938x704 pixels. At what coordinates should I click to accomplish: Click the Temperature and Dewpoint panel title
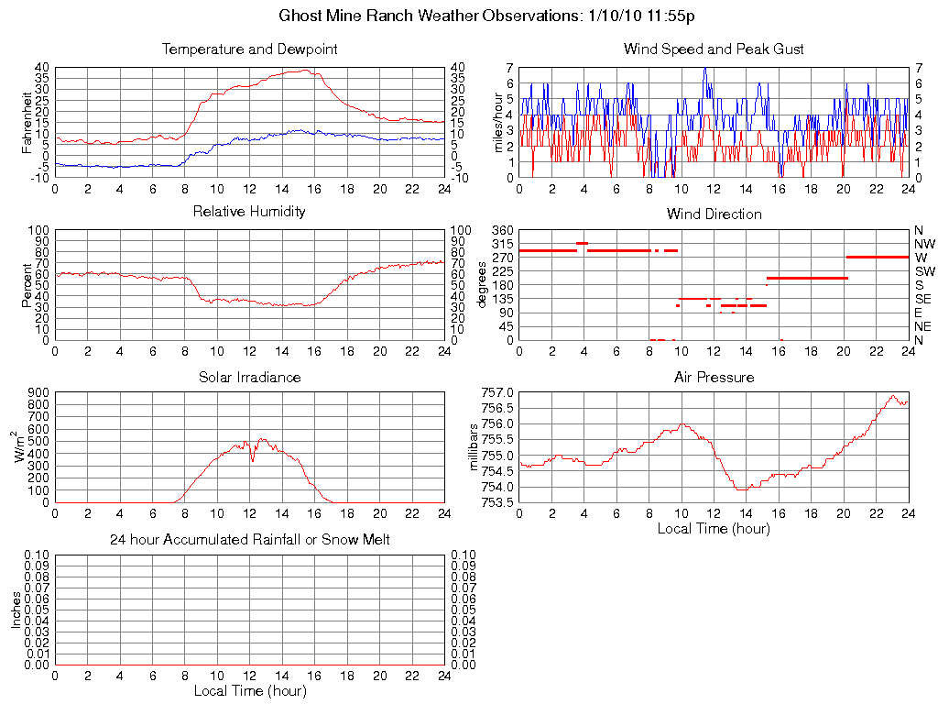(249, 49)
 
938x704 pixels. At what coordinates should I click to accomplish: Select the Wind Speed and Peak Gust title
(714, 49)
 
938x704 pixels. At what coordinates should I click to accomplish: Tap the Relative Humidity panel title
(249, 212)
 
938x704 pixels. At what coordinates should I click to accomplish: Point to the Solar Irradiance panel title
(249, 377)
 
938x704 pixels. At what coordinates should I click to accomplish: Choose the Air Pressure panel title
(714, 377)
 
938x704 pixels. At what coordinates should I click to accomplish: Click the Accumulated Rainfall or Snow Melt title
(249, 540)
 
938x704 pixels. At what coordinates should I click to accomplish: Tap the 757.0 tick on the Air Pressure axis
(496, 392)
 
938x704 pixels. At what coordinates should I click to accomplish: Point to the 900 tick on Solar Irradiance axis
(38, 392)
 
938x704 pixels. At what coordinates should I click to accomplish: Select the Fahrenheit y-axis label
(27, 121)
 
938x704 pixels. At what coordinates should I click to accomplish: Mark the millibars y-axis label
(474, 447)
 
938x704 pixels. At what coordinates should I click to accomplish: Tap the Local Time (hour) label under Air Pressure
(714, 529)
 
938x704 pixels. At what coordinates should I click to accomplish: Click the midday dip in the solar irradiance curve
(253, 458)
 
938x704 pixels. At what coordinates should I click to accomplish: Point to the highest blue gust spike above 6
(704, 70)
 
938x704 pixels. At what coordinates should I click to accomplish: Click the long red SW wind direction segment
(806, 277)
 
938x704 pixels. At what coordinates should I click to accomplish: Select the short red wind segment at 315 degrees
(582, 243)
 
